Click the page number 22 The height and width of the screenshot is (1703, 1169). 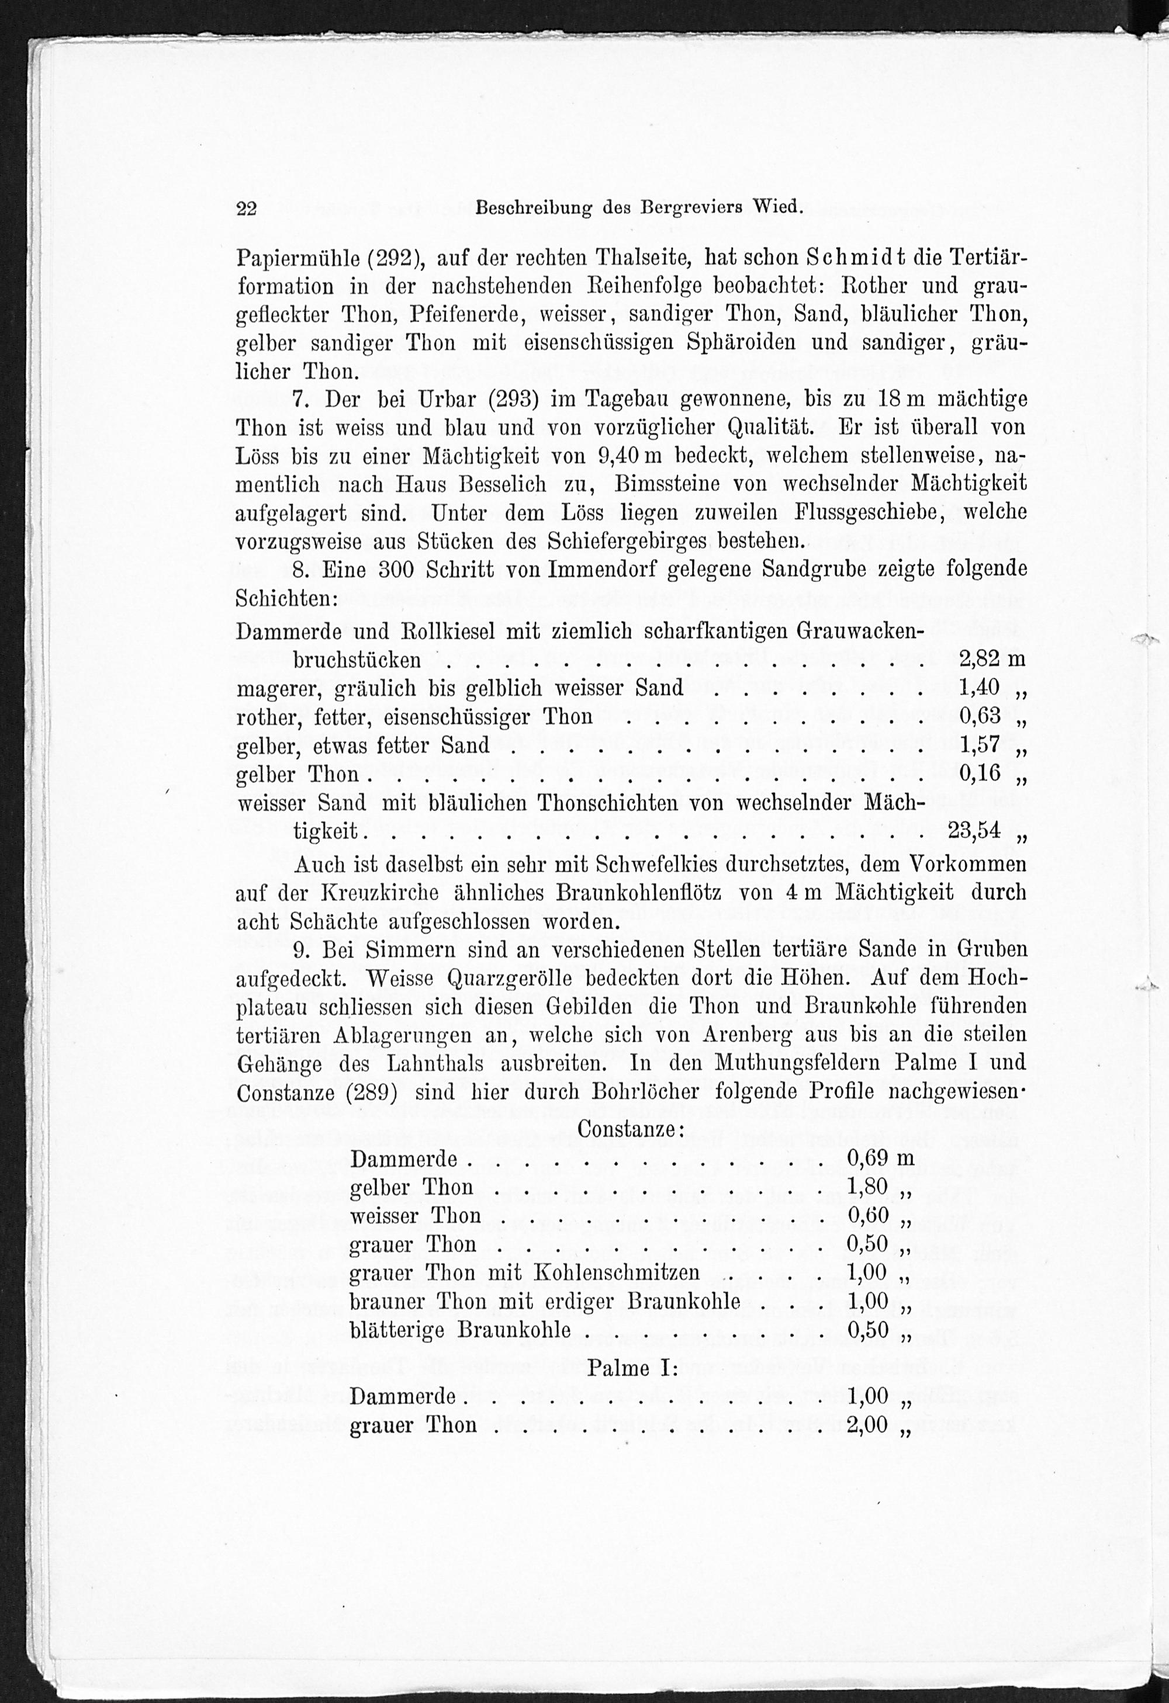246,209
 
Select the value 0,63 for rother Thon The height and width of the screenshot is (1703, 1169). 980,715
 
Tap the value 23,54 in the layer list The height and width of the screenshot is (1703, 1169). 974,830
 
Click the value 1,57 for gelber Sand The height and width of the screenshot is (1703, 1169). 980,744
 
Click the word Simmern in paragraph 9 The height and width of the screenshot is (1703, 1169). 411,950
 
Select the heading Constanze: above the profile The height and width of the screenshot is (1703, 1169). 630,1129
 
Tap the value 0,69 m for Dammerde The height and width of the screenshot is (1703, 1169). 880,1158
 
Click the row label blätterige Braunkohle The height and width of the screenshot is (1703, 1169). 459,1330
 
